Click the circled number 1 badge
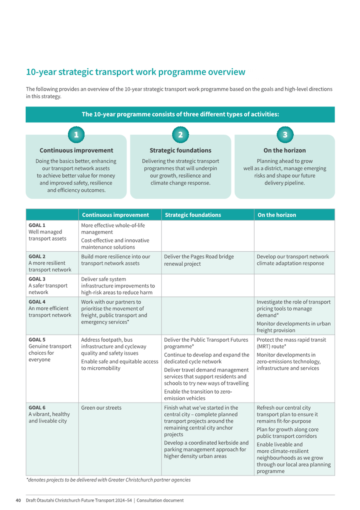click(76, 135)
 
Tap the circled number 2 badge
click(180, 135)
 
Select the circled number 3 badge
click(285, 135)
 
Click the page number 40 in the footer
click(18, 500)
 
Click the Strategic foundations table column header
click(193, 215)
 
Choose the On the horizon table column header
click(277, 215)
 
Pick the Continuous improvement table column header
click(115, 215)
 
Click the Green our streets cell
click(101, 408)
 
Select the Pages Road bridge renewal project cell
click(199, 260)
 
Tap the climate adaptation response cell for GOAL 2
click(293, 260)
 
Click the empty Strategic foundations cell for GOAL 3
click(208, 285)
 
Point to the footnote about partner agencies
click(108, 480)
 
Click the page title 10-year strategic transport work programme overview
click(136, 72)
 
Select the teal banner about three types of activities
click(180, 114)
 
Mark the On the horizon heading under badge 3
click(285, 151)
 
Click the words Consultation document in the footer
click(160, 500)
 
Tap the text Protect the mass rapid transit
click(291, 340)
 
